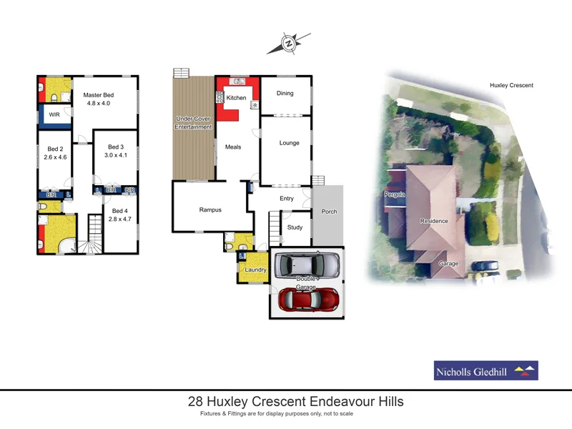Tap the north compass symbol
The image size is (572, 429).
[289, 44]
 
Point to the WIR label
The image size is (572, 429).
[54, 114]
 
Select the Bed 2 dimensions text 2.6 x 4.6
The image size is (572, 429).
[55, 157]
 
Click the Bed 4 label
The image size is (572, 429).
[120, 211]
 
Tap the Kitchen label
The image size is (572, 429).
[237, 98]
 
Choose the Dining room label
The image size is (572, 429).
[285, 94]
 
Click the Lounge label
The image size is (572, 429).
[290, 143]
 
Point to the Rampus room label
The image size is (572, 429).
[210, 209]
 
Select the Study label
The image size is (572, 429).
[295, 228]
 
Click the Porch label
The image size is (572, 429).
[330, 212]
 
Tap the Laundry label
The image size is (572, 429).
[255, 270]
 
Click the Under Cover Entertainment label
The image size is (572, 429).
[194, 122]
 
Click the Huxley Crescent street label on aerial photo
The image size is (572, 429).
[511, 85]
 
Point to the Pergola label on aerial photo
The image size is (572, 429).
[394, 194]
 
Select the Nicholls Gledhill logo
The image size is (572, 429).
[485, 370]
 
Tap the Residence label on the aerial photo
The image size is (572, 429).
[434, 221]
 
